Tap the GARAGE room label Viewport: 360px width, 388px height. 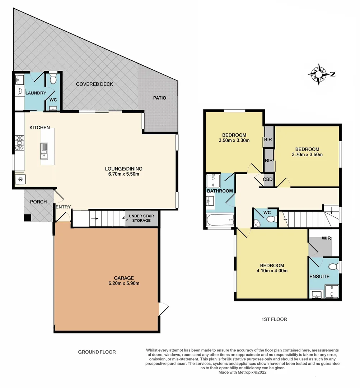[124, 278]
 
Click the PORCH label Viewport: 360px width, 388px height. [38, 202]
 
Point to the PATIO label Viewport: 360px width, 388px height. [159, 98]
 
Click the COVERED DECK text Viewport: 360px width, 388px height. [94, 84]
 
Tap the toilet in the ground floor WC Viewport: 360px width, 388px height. [53, 79]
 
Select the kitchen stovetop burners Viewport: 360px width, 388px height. [19, 142]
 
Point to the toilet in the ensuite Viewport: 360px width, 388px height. [333, 267]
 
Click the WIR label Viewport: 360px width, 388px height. [326, 238]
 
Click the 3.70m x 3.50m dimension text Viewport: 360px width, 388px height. [307, 155]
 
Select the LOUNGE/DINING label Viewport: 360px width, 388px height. [123, 168]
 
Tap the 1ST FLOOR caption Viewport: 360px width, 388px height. [275, 319]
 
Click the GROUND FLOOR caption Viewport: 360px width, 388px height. [97, 352]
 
